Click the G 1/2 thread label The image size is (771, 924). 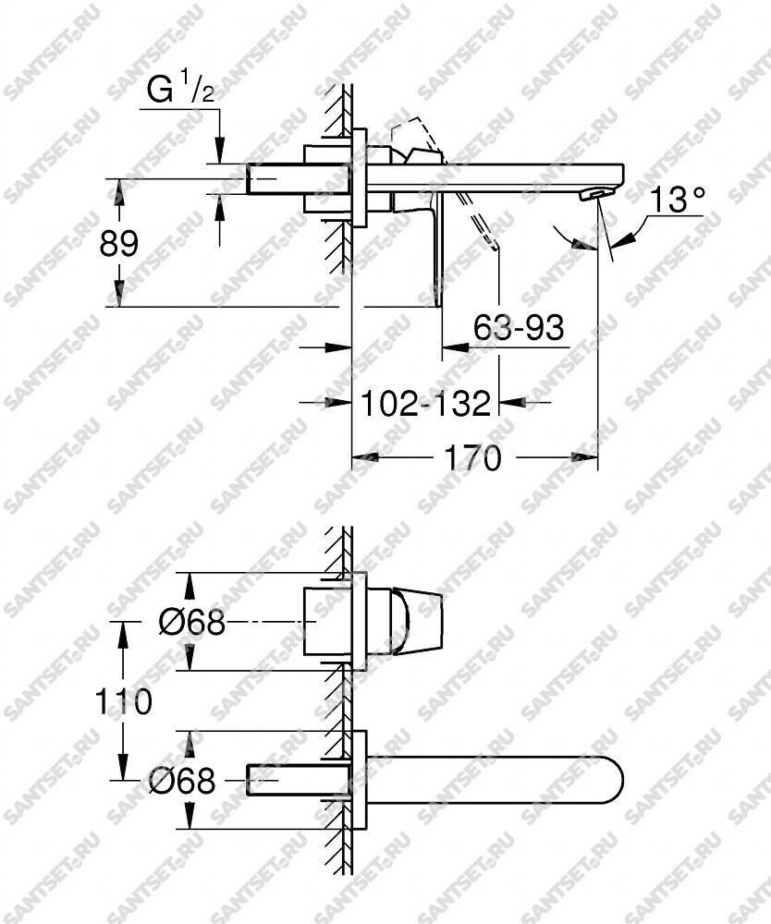(179, 91)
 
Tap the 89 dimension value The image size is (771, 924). (118, 243)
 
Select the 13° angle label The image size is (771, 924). (677, 199)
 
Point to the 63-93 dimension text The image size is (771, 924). (518, 327)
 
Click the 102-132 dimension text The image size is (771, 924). (425, 404)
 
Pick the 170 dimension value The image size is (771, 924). (472, 458)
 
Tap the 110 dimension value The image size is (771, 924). (124, 702)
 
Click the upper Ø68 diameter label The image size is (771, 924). (192, 622)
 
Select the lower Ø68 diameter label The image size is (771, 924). (181, 781)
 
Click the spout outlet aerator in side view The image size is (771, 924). (593, 193)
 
